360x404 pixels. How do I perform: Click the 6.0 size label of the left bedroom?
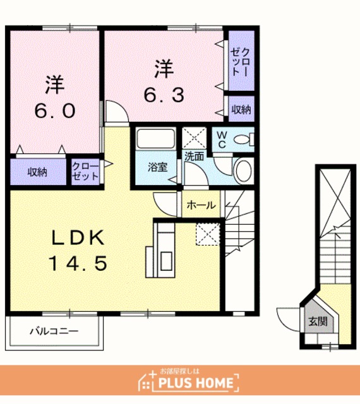pyautogui.click(x=55, y=111)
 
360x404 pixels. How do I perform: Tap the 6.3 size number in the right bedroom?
pyautogui.click(x=164, y=95)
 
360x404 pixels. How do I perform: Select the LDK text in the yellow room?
pyautogui.click(x=78, y=237)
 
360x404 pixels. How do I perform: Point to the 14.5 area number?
pyautogui.click(x=78, y=263)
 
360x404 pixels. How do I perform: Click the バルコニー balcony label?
pyautogui.click(x=54, y=331)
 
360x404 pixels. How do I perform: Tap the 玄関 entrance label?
pyautogui.click(x=318, y=321)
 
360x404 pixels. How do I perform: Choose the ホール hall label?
pyautogui.click(x=201, y=205)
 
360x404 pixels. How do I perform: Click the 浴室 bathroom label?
pyautogui.click(x=157, y=167)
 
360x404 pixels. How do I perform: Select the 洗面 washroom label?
pyautogui.click(x=194, y=157)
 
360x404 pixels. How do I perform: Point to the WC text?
pyautogui.click(x=222, y=140)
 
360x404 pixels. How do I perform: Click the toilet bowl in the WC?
pyautogui.click(x=243, y=140)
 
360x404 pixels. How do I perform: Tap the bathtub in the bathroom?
pyautogui.click(x=156, y=139)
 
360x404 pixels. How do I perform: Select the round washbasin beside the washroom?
pyautogui.click(x=243, y=171)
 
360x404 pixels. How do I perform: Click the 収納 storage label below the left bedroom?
pyautogui.click(x=37, y=172)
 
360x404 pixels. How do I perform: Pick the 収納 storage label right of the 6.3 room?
pyautogui.click(x=241, y=109)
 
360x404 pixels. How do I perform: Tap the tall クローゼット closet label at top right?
pyautogui.click(x=241, y=62)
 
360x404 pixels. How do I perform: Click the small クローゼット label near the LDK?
pyautogui.click(x=85, y=171)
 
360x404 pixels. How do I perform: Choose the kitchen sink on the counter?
pyautogui.click(x=166, y=261)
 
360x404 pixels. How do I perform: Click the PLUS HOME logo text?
pyautogui.click(x=196, y=383)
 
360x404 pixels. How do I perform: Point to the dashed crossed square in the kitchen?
pyautogui.click(x=208, y=234)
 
